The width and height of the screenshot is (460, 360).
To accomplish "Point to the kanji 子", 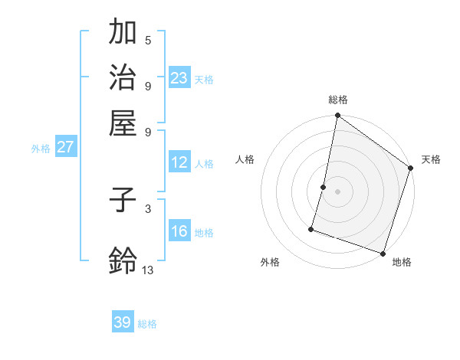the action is tap(123, 201).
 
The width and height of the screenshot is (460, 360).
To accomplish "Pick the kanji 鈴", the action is tap(123, 260).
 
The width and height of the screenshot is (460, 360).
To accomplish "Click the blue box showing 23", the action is tap(179, 78).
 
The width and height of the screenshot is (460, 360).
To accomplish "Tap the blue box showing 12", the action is tap(179, 162).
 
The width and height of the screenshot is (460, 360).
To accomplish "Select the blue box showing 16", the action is tap(179, 231).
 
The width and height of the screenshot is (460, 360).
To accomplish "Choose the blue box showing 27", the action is tap(66, 147).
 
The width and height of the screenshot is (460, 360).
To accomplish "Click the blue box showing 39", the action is tap(123, 322).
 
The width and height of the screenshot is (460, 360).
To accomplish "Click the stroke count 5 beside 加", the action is tap(148, 40).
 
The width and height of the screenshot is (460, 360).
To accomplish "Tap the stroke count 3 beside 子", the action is tap(148, 208).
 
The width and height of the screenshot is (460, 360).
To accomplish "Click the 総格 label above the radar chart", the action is tap(338, 100).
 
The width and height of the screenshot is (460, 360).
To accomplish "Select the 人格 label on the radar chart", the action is tap(245, 159).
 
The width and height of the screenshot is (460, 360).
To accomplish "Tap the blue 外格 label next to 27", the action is tap(41, 149).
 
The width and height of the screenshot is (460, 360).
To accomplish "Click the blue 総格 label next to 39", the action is tap(148, 324).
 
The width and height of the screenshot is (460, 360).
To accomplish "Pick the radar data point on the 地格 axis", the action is tap(382, 254).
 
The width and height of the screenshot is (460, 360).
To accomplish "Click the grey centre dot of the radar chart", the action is tap(337, 191).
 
